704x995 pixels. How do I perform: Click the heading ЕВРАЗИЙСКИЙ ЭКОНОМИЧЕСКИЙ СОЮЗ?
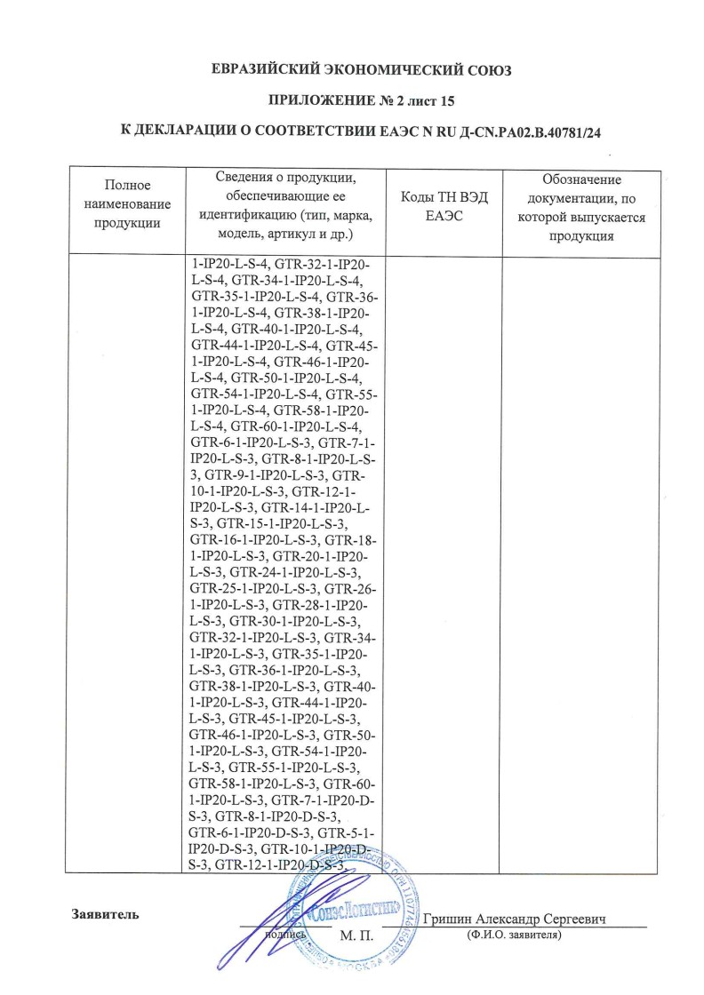(x=351, y=69)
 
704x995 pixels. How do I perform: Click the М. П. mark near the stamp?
(x=356, y=935)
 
